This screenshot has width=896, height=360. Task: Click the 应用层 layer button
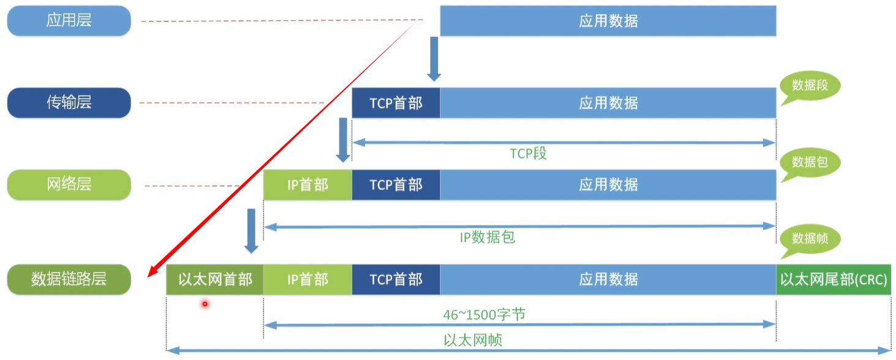(x=69, y=21)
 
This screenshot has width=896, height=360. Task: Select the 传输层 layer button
(x=69, y=102)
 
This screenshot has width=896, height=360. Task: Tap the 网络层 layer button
(x=69, y=184)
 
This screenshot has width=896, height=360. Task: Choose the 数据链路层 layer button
(x=69, y=279)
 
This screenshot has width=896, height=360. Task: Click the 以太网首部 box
(x=214, y=280)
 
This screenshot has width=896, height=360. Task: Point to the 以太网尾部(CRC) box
(x=833, y=280)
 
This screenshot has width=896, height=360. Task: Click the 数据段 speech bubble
(x=809, y=86)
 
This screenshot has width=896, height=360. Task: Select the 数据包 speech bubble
(x=809, y=162)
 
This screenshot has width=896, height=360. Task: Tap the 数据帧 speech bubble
(x=809, y=239)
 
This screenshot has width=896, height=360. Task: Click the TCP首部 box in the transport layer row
(x=396, y=103)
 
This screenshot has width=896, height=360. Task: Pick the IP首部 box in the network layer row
(x=307, y=185)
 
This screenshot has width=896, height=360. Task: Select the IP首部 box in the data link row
(x=307, y=280)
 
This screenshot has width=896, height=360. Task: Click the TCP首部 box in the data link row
(x=396, y=280)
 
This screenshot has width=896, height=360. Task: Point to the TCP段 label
(x=528, y=154)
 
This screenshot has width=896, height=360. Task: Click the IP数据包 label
(x=488, y=237)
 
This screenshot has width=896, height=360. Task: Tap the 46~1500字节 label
(x=484, y=315)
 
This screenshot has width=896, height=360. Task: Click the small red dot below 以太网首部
(x=205, y=304)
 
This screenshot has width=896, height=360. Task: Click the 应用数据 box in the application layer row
(x=608, y=21)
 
